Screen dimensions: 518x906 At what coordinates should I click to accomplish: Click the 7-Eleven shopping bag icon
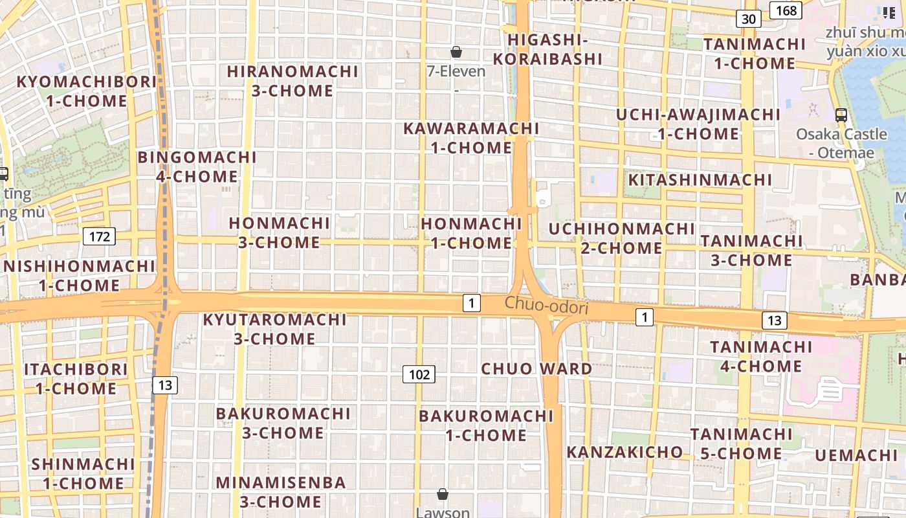(456, 52)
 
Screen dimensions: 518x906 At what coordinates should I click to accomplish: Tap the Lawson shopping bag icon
(443, 494)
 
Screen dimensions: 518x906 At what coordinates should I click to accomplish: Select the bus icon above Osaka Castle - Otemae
(841, 115)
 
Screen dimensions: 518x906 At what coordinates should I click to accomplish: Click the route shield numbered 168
(786, 10)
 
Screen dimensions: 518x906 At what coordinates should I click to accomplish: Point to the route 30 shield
(748, 19)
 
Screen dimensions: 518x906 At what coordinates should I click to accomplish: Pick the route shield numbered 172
(99, 236)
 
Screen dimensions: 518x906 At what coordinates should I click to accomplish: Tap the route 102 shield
(419, 374)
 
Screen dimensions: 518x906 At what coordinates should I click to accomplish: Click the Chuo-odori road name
(547, 306)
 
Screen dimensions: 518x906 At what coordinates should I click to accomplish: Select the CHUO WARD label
(536, 369)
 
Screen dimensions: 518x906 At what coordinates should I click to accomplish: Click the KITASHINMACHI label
(701, 179)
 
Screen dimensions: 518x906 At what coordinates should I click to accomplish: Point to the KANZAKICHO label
(624, 452)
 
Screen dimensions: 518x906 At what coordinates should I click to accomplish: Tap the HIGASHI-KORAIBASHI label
(548, 49)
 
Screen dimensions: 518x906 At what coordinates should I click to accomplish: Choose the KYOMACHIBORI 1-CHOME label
(87, 91)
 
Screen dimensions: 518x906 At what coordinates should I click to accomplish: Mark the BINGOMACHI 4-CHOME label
(197, 166)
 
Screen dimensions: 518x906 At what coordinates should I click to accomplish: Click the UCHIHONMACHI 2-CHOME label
(622, 238)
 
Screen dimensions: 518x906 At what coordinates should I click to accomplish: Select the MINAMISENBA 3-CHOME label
(281, 492)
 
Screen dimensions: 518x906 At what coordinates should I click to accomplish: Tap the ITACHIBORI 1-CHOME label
(76, 379)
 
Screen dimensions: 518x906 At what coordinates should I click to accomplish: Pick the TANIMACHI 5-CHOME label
(741, 444)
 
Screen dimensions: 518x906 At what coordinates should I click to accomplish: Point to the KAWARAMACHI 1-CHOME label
(471, 138)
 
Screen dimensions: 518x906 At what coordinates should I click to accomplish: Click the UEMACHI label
(856, 455)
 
